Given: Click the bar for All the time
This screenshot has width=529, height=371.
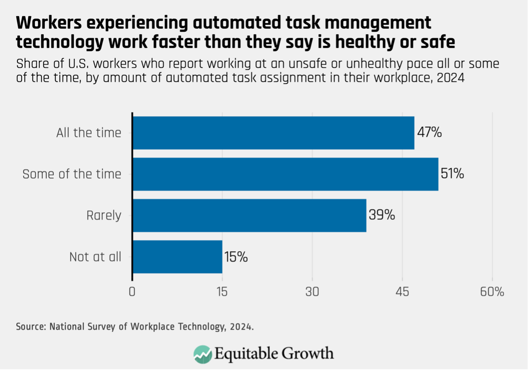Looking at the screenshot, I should (273, 133).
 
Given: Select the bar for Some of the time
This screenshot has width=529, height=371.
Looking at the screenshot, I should (285, 174).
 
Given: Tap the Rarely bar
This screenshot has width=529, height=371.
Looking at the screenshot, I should (249, 215).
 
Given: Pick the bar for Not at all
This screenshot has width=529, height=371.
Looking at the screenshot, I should (177, 257).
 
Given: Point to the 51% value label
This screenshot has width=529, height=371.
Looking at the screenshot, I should (453, 174).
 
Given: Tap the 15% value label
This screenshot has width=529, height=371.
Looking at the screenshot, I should (235, 257).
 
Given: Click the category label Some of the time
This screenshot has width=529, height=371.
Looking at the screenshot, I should (71, 174).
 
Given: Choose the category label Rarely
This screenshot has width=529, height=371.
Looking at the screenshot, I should (104, 216).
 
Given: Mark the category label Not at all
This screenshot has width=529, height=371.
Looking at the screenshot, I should (95, 257).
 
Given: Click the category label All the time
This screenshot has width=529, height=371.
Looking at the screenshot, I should (89, 133).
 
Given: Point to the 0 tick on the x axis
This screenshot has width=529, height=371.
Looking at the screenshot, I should (132, 291).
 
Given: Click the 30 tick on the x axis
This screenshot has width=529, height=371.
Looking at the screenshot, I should (312, 291).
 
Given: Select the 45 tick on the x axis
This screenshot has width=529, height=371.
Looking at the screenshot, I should (402, 291).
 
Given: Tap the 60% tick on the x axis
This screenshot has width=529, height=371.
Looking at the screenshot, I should (492, 291).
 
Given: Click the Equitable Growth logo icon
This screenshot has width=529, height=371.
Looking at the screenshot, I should (203, 354).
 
